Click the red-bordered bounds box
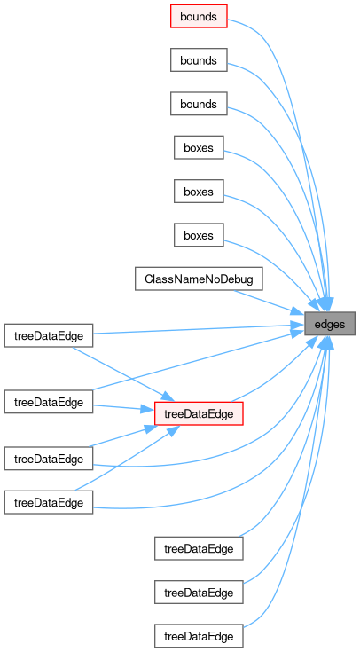199,16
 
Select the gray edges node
330,324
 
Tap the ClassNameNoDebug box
199,279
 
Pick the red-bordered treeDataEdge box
199,413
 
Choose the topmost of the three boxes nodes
199,147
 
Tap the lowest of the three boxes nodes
199,235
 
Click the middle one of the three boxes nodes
199,192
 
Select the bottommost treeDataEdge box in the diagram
199,636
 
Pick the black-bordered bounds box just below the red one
199,60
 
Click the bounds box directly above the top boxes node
199,104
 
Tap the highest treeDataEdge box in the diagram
49,335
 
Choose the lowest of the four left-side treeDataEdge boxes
49,502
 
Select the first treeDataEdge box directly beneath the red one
199,548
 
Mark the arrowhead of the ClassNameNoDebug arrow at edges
299,312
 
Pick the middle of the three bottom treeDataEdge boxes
199,593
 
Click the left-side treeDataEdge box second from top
49,402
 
